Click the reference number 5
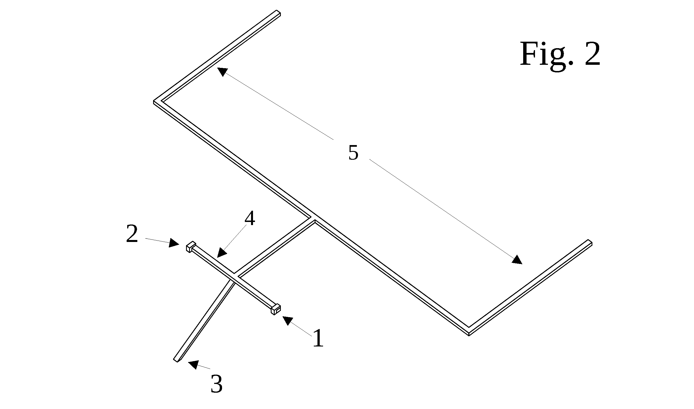353,153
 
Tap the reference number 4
250,219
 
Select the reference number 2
132,234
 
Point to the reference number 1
318,338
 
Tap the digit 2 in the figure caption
592,54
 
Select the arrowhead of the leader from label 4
222,252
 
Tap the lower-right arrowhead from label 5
517,259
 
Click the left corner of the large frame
154,102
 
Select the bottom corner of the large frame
469,334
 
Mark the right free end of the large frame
590,243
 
